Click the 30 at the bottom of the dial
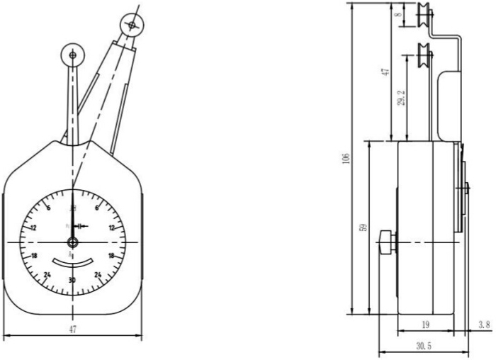pyautogui.click(x=72, y=281)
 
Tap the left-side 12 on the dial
pyautogui.click(x=33, y=228)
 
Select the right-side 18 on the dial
pyautogui.click(x=111, y=256)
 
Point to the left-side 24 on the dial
pyautogui.click(x=47, y=275)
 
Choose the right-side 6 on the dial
pyautogui.click(x=96, y=208)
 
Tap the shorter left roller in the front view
pyautogui.click(x=72, y=54)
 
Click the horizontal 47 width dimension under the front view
pyautogui.click(x=72, y=329)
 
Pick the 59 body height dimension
pyautogui.click(x=363, y=228)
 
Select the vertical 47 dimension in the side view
pyautogui.click(x=385, y=72)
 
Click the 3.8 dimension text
pyautogui.click(x=483, y=325)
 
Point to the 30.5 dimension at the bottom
pyautogui.click(x=422, y=346)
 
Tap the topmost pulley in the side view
pyautogui.click(x=424, y=14)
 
